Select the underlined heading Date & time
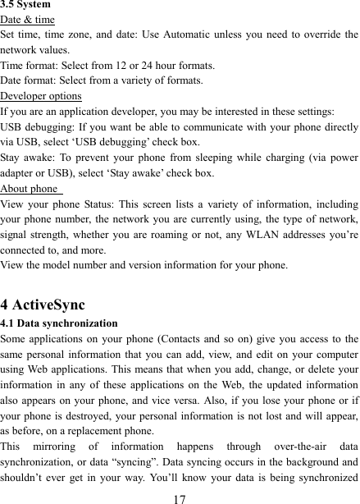(28, 19)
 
